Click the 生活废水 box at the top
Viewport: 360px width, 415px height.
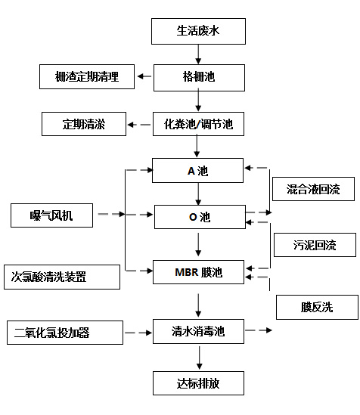click(x=198, y=31)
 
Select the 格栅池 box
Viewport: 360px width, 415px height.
click(x=198, y=76)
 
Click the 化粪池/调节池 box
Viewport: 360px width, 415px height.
click(x=198, y=123)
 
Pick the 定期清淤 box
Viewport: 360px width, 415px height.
click(x=83, y=124)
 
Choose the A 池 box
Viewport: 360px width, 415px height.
click(x=198, y=170)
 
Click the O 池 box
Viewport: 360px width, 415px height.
click(x=198, y=217)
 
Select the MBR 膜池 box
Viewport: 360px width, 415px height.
click(x=198, y=271)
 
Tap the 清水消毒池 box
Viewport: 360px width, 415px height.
click(x=198, y=330)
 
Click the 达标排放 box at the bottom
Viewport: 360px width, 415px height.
click(x=198, y=382)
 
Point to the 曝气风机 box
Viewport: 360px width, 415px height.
click(x=51, y=215)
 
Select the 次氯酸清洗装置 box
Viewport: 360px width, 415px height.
click(x=61, y=277)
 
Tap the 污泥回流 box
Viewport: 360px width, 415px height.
click(x=314, y=245)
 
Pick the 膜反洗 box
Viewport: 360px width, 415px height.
click(x=316, y=307)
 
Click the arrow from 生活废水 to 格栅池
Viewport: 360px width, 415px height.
click(x=198, y=54)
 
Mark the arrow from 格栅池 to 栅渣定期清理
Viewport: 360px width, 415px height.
click(x=144, y=76)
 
